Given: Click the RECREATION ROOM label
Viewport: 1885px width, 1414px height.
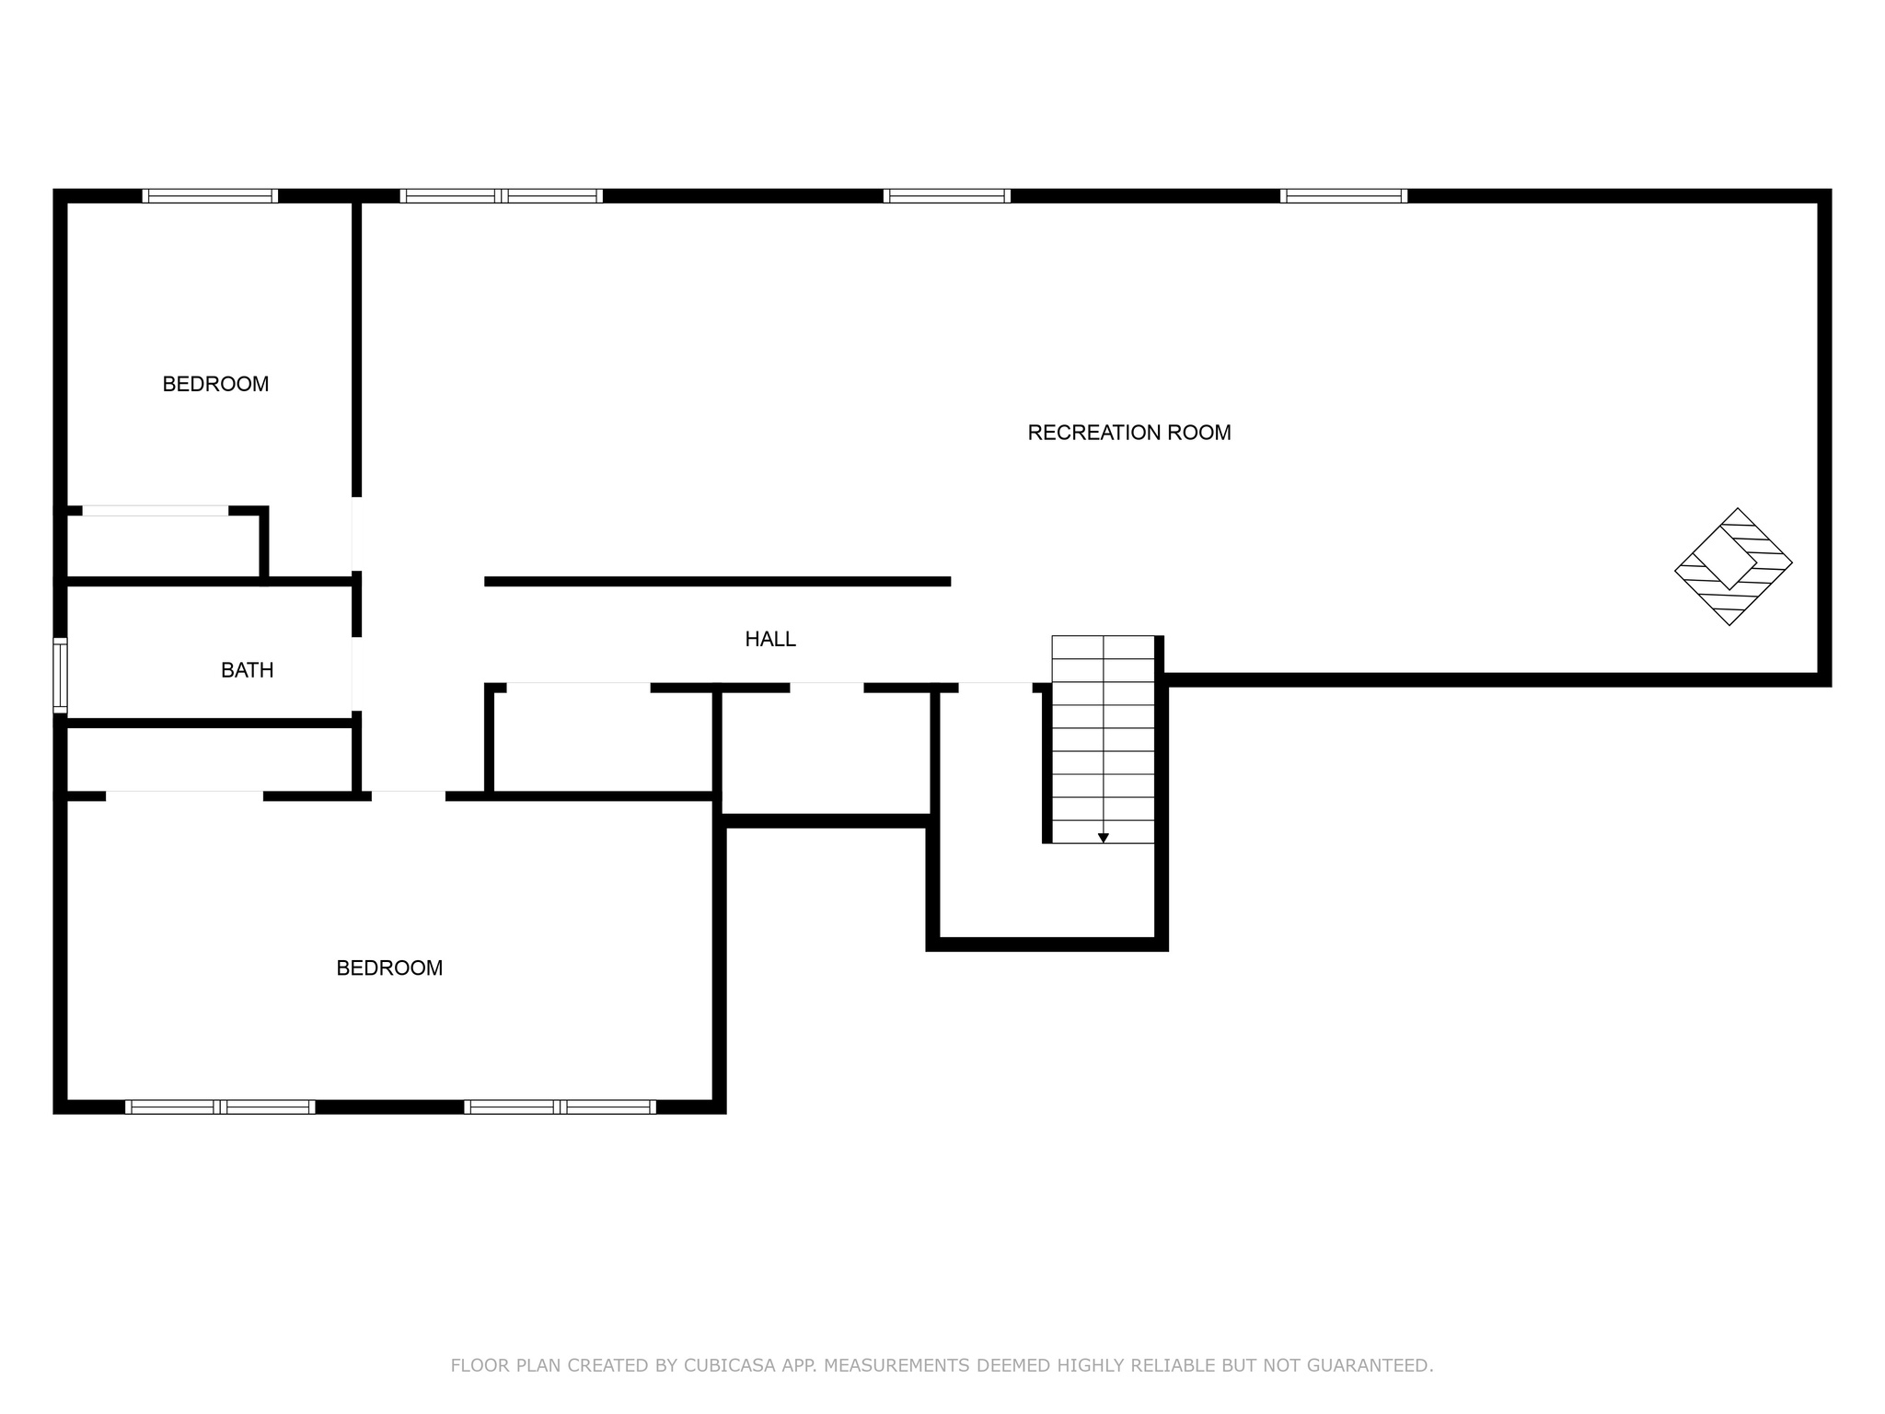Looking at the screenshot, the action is pos(1129,433).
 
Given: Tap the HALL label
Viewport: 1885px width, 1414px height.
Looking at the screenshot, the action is pos(770,639).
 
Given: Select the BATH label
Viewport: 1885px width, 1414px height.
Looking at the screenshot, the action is pos(248,670).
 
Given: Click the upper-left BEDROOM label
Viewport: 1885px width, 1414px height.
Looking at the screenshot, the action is pos(215,384).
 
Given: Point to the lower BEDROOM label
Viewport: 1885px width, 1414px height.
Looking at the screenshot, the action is pos(389,968).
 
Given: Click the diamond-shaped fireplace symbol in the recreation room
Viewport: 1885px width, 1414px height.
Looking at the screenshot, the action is pos(1733,567).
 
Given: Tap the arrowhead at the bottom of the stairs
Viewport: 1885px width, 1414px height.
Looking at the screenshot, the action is pos(1103,838).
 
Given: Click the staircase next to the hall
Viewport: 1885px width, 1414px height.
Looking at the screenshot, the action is pos(1103,739).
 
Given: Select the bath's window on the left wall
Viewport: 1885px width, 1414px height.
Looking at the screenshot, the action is pos(61,675).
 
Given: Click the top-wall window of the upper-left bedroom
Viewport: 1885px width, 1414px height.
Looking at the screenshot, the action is pos(210,196).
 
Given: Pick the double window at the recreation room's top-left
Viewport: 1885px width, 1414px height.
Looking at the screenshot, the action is pos(502,196).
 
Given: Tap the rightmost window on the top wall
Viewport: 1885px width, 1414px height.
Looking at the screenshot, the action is pos(1344,196).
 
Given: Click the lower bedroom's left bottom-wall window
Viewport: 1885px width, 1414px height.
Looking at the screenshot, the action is pos(220,1107).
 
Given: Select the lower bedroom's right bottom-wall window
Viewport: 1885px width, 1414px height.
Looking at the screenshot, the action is pos(561,1107).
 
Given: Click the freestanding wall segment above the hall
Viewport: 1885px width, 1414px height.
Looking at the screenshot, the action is pos(717,582).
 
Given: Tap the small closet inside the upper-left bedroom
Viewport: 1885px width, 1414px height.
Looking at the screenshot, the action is pos(163,545).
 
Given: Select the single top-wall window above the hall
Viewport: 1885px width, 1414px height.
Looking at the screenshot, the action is pos(947,196).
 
